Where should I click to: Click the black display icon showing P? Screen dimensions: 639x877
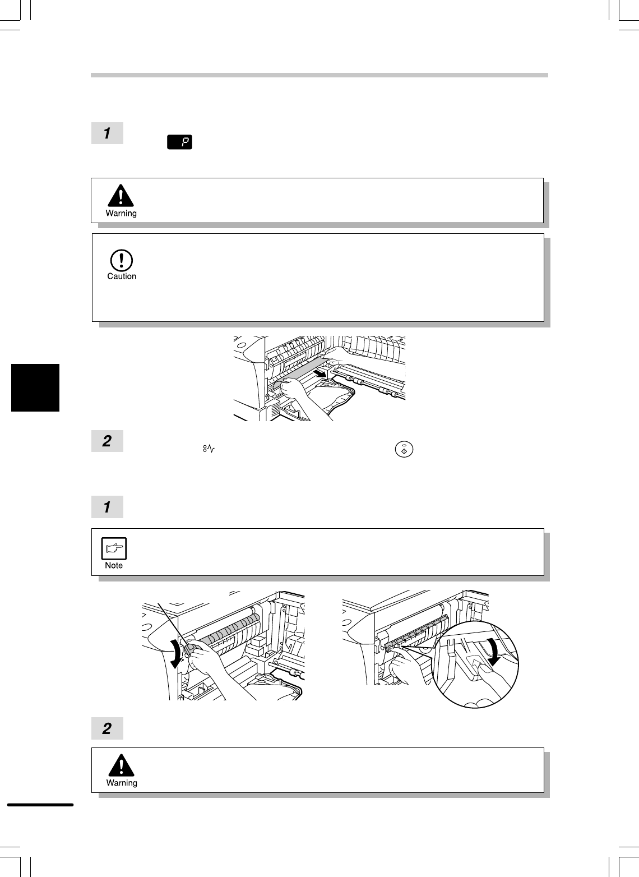click(x=179, y=142)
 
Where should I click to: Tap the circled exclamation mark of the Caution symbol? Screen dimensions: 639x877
click(x=121, y=260)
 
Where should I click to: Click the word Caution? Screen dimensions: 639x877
click(x=122, y=276)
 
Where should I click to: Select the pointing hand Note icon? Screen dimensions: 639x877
click(x=114, y=548)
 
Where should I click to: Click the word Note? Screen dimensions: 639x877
click(x=114, y=565)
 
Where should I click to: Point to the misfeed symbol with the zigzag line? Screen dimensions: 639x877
click(x=209, y=449)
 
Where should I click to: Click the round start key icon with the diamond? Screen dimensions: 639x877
click(x=404, y=450)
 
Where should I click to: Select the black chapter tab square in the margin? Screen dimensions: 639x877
click(x=35, y=387)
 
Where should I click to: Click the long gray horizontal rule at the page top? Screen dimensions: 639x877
click(x=319, y=75)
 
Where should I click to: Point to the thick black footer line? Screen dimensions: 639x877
click(x=40, y=805)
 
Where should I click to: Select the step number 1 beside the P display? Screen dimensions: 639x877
click(x=107, y=133)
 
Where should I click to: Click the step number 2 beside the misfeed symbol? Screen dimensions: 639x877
click(x=107, y=441)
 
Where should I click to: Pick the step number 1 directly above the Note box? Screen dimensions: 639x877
click(x=107, y=507)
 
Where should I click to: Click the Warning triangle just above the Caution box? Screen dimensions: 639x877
click(x=121, y=195)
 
